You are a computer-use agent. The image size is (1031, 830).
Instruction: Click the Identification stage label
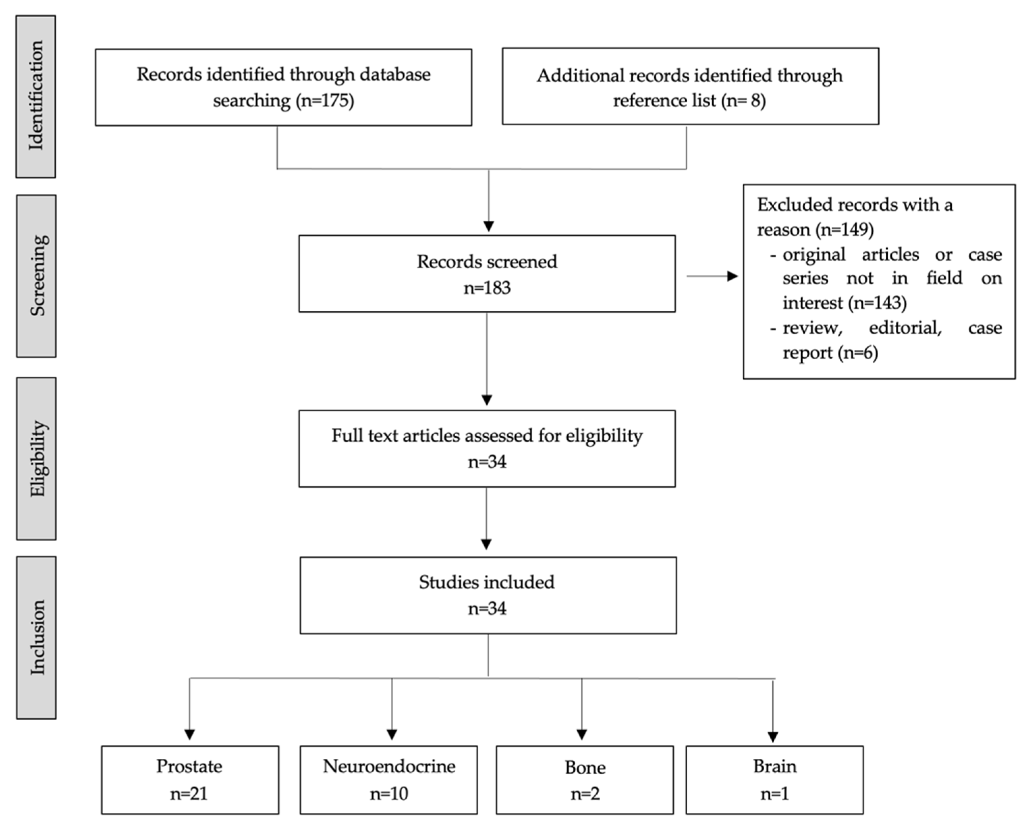point(36,96)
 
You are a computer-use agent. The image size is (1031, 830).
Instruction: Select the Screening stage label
point(36,276)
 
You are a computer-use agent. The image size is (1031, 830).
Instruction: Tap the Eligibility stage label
point(36,459)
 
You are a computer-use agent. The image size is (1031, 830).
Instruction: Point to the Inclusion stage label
point(36,638)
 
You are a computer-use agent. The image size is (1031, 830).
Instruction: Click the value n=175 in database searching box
point(325,101)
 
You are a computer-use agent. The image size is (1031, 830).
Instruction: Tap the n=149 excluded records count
point(845,230)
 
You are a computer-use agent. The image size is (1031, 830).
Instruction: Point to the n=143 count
point(878,303)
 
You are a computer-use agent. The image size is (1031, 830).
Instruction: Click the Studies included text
point(487,582)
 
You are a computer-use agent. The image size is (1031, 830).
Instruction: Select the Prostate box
point(190,780)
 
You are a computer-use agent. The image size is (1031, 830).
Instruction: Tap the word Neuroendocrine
point(389,766)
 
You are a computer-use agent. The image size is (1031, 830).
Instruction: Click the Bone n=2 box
point(585,780)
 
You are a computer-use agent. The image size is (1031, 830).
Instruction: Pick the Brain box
point(775,780)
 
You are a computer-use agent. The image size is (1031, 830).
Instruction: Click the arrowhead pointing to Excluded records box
point(733,276)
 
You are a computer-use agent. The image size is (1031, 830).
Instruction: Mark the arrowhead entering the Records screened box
point(489,226)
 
